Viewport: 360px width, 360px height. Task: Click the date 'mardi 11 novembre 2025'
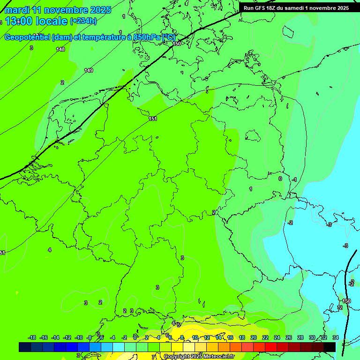tap(58, 10)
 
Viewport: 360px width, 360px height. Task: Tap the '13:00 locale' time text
tap(36, 21)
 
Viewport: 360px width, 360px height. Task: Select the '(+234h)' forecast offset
tap(83, 21)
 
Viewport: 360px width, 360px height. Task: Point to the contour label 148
tap(60, 49)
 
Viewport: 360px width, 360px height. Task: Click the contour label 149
tap(89, 70)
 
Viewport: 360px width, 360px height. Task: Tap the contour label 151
tap(153, 119)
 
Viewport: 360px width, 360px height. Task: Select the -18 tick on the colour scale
tap(32, 337)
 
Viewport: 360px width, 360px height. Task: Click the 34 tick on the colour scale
tap(336, 337)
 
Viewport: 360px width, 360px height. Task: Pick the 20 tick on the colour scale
tap(254, 337)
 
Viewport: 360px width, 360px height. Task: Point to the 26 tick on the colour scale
tap(289, 337)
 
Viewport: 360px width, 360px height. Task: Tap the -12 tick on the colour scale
tap(67, 337)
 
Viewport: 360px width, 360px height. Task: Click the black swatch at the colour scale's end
tap(330, 347)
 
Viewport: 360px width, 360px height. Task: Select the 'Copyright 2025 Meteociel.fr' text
tap(199, 357)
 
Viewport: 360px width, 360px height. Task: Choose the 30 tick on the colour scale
tap(312, 337)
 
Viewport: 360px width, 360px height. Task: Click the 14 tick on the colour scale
tap(218, 337)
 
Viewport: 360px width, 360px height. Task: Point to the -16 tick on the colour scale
tap(44, 337)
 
